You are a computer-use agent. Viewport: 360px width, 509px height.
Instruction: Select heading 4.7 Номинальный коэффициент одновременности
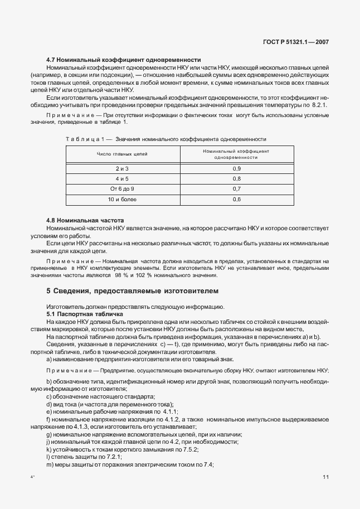tap(124, 60)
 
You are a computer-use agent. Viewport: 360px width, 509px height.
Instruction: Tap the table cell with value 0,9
tap(236, 168)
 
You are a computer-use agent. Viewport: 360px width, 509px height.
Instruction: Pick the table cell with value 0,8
tap(236, 178)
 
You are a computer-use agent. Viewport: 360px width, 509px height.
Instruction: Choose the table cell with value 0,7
tap(236, 188)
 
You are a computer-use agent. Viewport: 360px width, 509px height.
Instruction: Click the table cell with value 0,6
tap(236, 199)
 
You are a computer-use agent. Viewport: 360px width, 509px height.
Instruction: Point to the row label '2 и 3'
tap(122, 168)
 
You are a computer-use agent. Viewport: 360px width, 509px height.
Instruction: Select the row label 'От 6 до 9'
tap(122, 188)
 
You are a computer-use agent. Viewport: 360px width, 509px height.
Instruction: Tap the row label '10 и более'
tap(122, 199)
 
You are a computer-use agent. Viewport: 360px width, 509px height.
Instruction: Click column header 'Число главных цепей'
tap(122, 154)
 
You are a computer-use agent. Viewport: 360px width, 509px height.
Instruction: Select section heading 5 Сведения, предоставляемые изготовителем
tap(133, 291)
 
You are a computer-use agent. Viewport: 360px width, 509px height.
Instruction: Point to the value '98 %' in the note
tap(121, 275)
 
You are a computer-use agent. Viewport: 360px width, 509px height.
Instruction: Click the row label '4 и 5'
tap(122, 178)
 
